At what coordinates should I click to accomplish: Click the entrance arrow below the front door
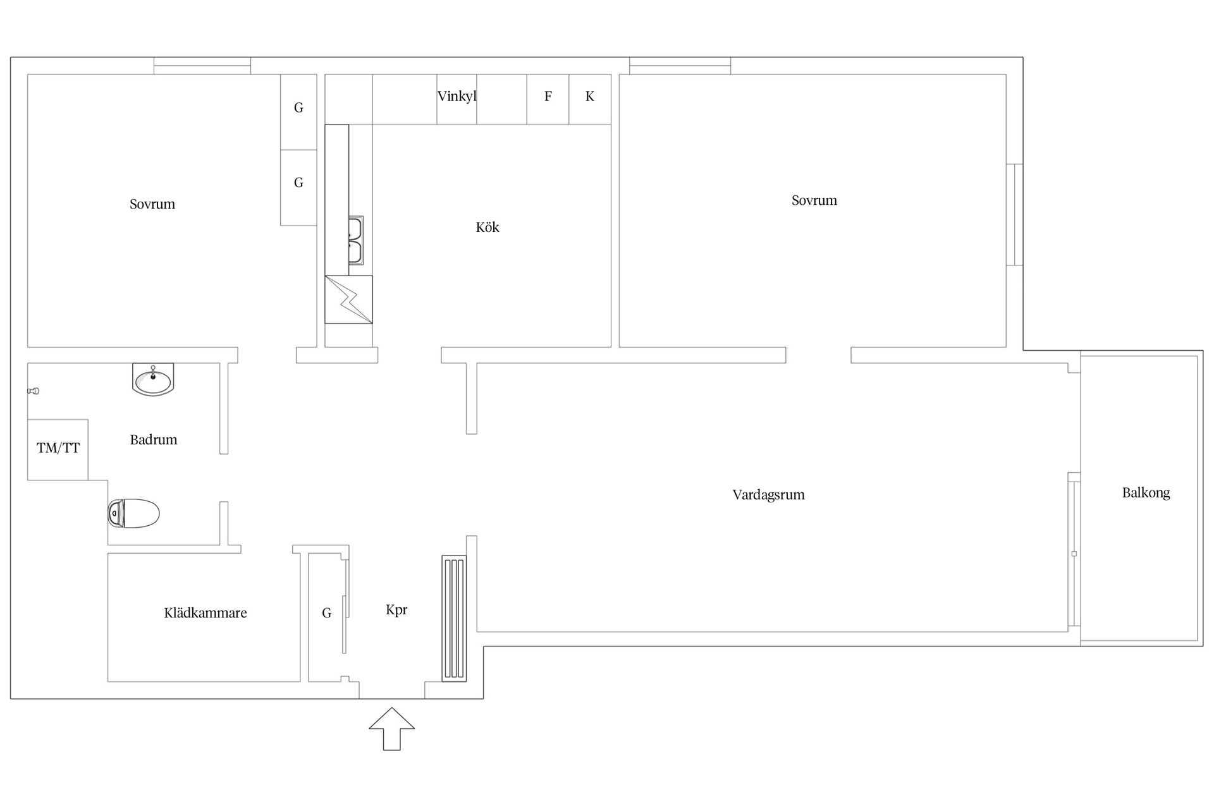click(x=392, y=729)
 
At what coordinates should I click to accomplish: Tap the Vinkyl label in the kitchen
click(x=457, y=97)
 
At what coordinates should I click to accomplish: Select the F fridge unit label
click(x=548, y=97)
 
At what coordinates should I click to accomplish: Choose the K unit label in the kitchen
click(x=590, y=97)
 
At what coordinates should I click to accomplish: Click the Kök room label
click(x=487, y=228)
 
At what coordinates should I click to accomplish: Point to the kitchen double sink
click(x=356, y=241)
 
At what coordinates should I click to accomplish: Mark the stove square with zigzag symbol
click(x=348, y=300)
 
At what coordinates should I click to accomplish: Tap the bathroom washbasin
click(x=153, y=379)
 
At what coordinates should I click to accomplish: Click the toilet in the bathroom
click(x=133, y=513)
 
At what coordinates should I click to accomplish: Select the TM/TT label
click(x=58, y=449)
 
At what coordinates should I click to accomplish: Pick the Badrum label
click(x=154, y=440)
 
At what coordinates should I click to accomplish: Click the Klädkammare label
click(x=205, y=613)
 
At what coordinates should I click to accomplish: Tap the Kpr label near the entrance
click(x=396, y=611)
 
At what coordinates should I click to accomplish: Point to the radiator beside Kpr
click(x=454, y=618)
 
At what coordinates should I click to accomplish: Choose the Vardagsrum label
click(x=769, y=495)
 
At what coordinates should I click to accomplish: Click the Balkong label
click(x=1146, y=493)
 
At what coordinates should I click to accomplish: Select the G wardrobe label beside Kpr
click(x=327, y=613)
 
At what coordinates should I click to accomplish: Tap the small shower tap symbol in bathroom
click(x=34, y=391)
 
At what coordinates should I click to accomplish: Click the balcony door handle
click(x=1074, y=554)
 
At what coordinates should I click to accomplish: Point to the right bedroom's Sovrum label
click(x=814, y=200)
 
